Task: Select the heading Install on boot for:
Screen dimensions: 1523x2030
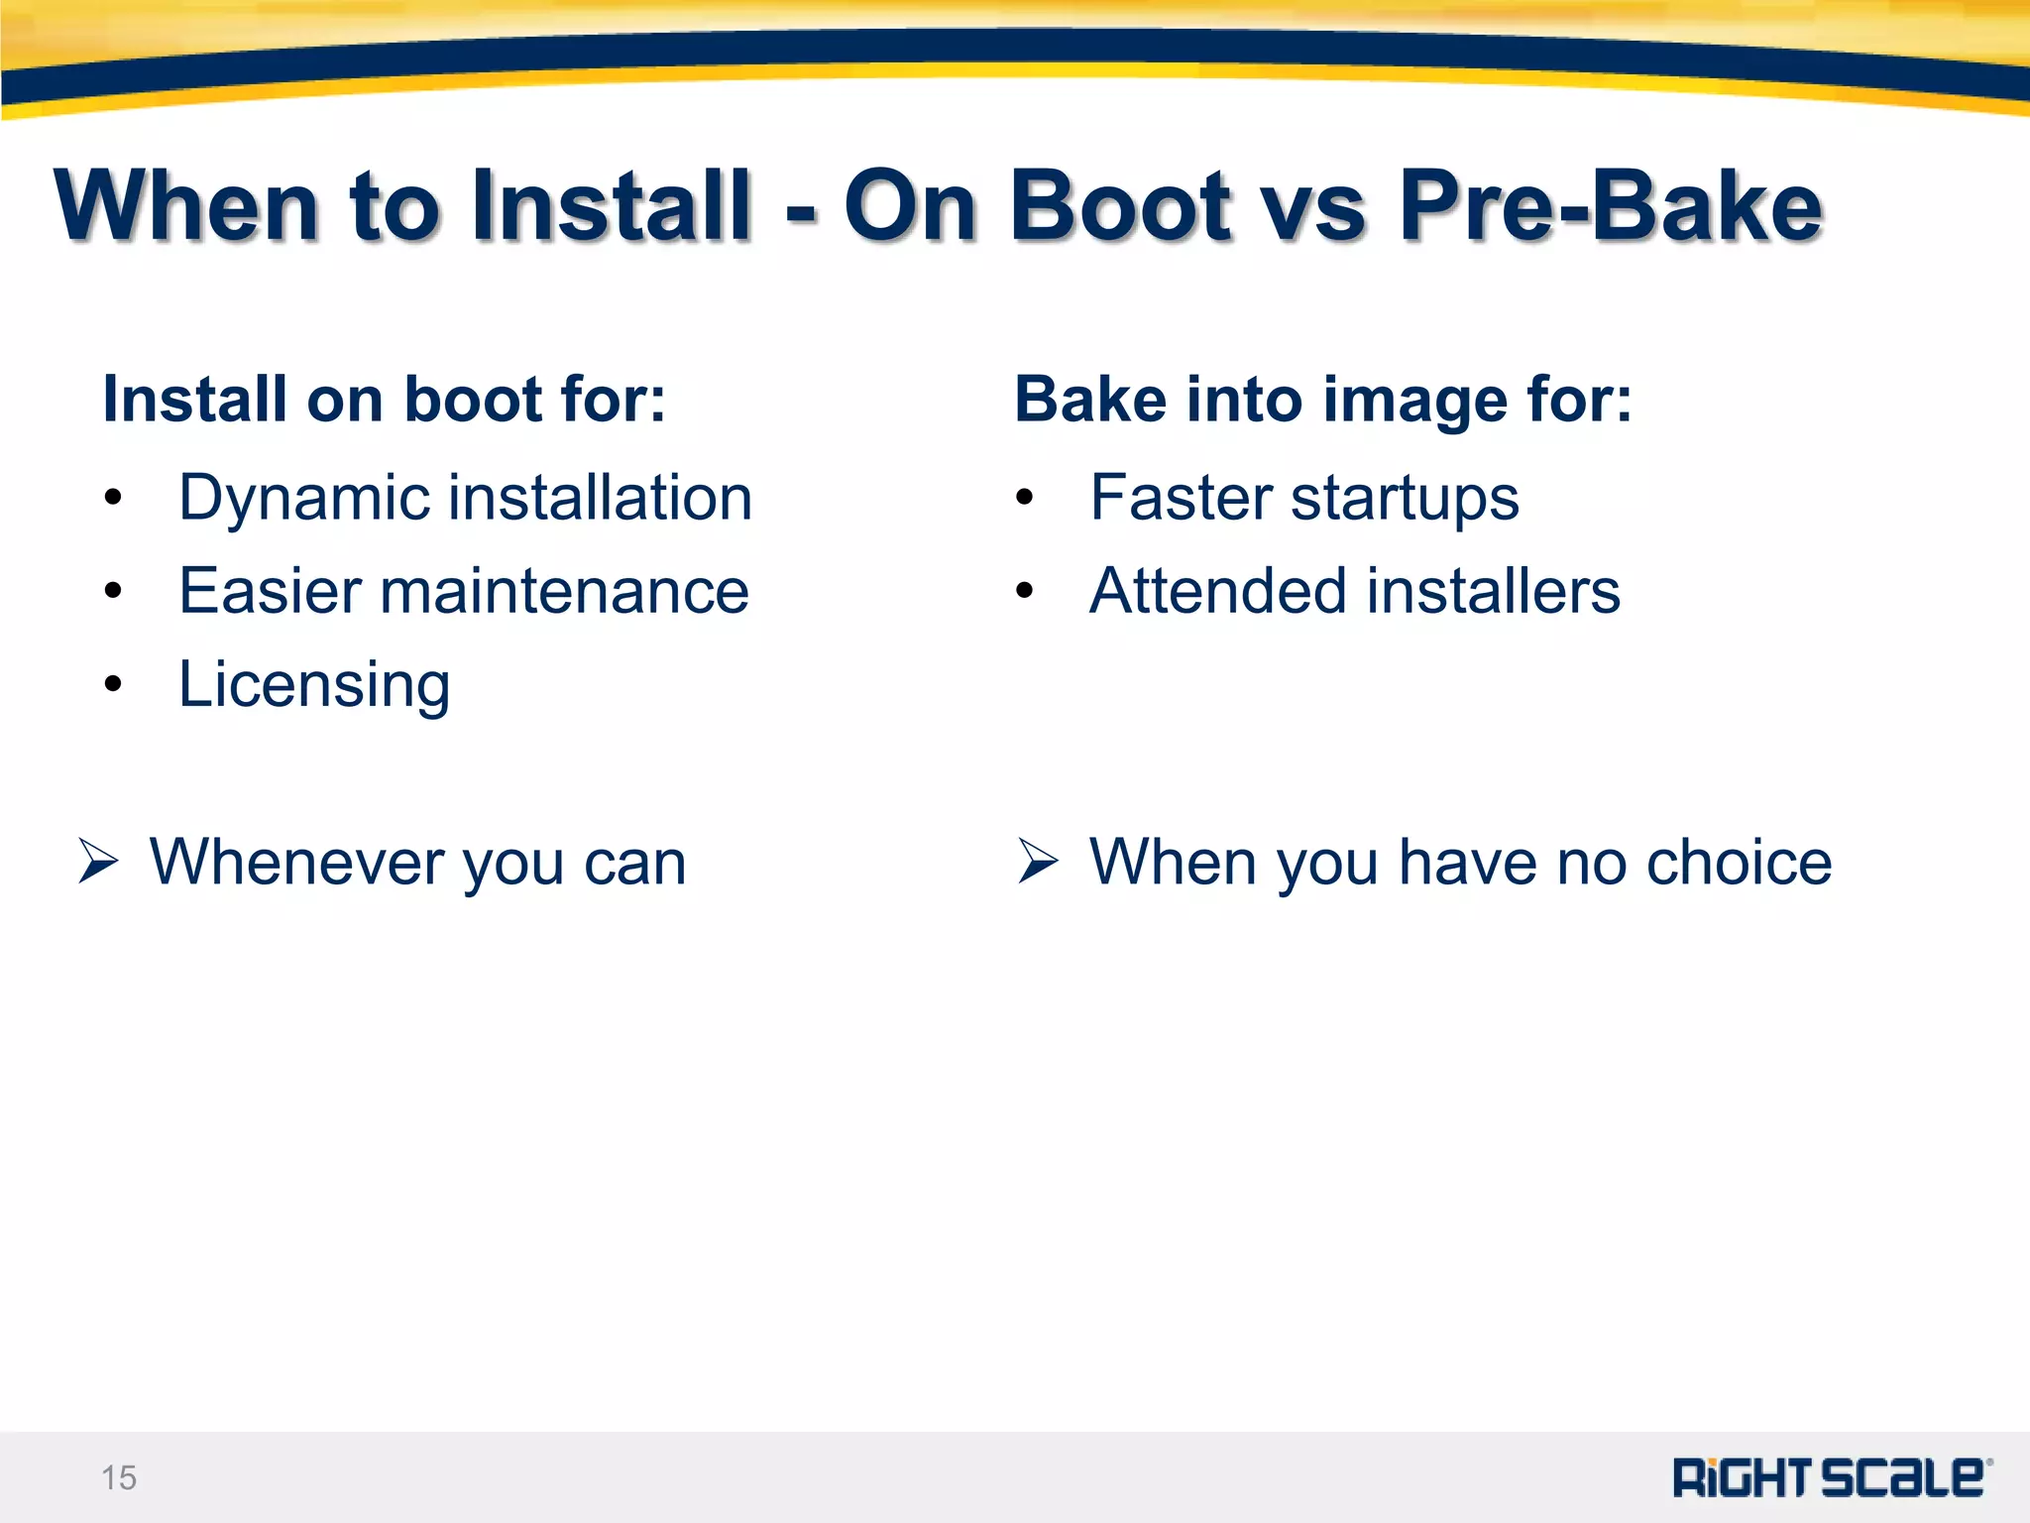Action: coord(385,399)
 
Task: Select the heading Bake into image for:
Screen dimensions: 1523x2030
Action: coord(1322,399)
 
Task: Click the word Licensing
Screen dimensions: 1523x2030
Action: coord(314,685)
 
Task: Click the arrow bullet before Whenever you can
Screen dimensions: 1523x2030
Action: coord(98,860)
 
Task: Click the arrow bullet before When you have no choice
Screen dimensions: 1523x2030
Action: coord(1038,860)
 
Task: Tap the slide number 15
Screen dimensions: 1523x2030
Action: coord(119,1477)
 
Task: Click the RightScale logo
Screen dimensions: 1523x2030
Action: coord(1830,1477)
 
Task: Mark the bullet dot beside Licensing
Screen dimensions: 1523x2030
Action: coord(113,684)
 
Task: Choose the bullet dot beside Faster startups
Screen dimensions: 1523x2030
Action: coord(1025,498)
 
